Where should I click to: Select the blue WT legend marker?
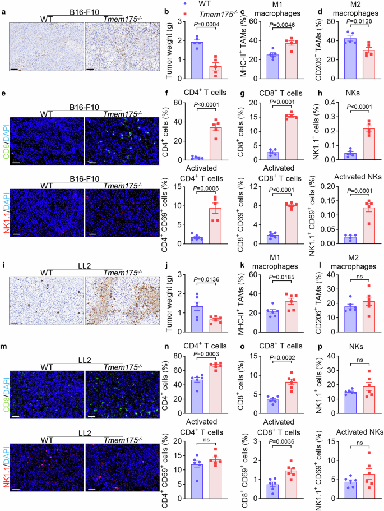tap(185, 3)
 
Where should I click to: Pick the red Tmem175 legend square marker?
tap(185, 13)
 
